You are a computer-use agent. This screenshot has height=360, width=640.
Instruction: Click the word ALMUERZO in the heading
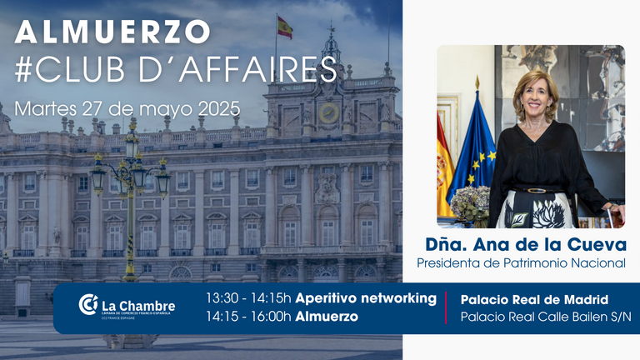click(x=112, y=32)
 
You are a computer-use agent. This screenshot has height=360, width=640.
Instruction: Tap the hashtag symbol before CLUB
click(x=22, y=69)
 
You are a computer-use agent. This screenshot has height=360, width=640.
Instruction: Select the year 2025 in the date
click(x=219, y=108)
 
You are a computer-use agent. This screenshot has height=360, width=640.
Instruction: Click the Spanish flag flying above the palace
click(x=285, y=27)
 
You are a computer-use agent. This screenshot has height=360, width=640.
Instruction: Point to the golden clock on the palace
click(x=329, y=113)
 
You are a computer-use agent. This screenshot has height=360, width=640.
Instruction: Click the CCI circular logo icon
click(x=88, y=304)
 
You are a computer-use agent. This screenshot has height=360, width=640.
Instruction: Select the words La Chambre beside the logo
click(x=138, y=306)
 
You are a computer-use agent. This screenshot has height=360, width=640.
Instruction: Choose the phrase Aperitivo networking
click(x=366, y=298)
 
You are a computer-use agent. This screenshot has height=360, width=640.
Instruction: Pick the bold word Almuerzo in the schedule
click(x=327, y=317)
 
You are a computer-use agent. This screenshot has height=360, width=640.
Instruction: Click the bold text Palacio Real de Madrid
click(x=534, y=300)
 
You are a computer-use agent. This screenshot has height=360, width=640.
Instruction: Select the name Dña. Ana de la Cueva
click(x=526, y=244)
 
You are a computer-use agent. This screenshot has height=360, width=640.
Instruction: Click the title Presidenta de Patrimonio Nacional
click(x=521, y=262)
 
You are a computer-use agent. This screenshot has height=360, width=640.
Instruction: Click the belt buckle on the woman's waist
click(x=537, y=191)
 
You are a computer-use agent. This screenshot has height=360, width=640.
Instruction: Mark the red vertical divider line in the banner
click(x=446, y=307)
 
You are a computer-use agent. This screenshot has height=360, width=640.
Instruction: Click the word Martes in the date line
click(x=46, y=109)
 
